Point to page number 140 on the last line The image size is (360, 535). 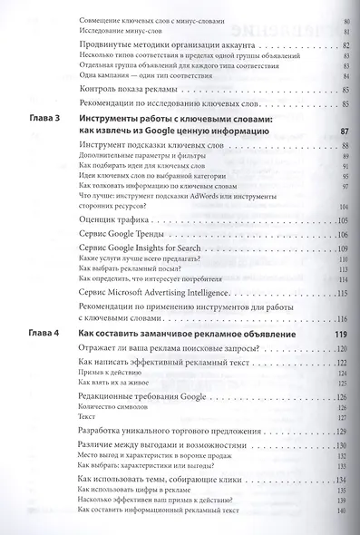tap(342, 514)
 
